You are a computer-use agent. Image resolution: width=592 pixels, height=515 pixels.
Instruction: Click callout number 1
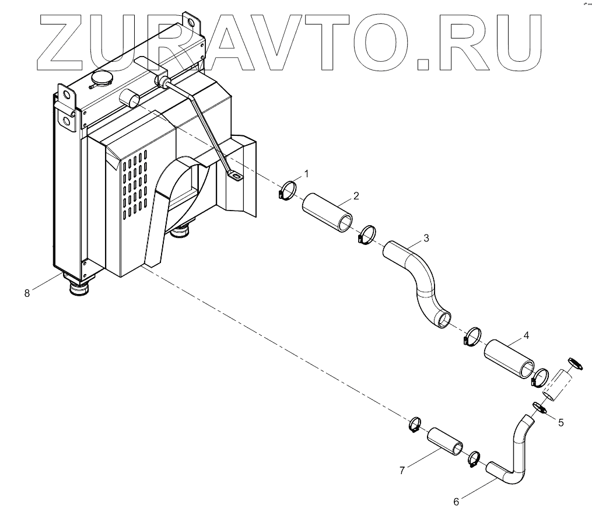307,173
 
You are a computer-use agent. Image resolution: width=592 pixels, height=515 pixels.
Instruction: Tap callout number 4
526,335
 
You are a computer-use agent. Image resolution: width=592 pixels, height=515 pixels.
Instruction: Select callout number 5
561,423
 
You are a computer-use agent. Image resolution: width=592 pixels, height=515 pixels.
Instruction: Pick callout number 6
456,500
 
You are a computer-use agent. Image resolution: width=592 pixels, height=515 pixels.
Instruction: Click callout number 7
402,471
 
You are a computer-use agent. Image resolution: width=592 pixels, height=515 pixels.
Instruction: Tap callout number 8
27,293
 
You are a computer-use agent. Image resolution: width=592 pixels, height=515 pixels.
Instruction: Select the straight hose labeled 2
327,212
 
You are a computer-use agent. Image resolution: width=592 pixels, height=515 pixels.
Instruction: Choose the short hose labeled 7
447,441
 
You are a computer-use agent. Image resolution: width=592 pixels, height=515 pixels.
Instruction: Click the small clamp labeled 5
539,408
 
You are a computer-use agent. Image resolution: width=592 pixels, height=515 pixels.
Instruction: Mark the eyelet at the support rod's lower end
234,174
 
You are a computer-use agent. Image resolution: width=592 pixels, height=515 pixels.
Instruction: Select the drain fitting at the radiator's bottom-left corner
78,286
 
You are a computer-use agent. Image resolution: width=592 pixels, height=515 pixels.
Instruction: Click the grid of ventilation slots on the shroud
135,183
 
